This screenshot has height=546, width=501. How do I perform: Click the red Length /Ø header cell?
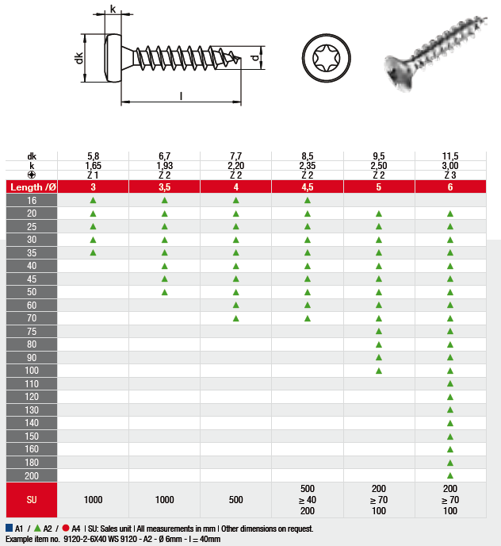(x=32, y=187)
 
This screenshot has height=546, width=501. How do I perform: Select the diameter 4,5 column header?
(x=308, y=187)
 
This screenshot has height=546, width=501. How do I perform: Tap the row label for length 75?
(x=32, y=332)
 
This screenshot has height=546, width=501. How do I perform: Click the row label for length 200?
(x=32, y=475)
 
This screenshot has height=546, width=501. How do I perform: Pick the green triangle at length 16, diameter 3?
(x=93, y=200)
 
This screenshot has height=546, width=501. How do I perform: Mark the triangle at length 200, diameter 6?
(x=450, y=475)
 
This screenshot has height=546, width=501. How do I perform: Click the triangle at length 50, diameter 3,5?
(x=165, y=292)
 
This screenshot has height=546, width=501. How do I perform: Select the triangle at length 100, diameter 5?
(x=379, y=371)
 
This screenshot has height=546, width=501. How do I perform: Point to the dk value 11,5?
(x=450, y=156)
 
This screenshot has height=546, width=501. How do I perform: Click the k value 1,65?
(x=94, y=165)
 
